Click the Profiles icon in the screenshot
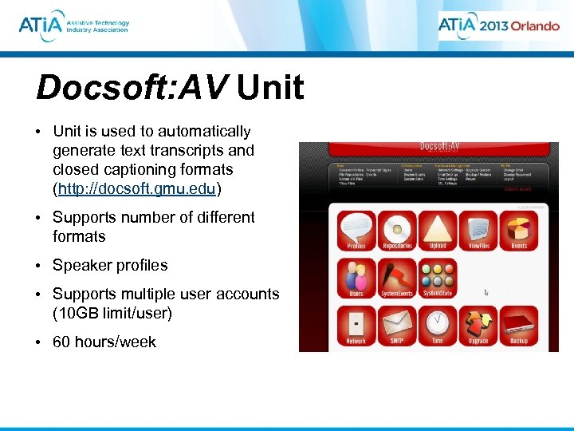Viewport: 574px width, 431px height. pos(356,227)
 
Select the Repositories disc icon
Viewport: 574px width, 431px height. pos(397,227)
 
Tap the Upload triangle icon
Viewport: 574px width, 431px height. pos(438,227)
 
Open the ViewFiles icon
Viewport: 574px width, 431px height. pos(478,227)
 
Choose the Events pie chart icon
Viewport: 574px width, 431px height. pos(519,227)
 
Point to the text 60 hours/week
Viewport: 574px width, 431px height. pos(104,342)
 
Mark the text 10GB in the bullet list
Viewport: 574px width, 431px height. pos(77,313)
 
